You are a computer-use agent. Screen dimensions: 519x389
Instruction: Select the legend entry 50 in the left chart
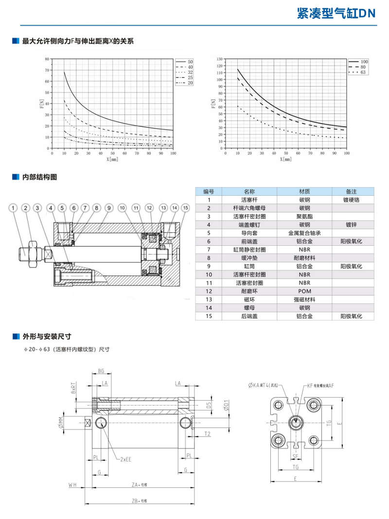coord(190,62)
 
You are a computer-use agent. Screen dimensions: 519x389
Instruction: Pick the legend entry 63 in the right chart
coord(363,72)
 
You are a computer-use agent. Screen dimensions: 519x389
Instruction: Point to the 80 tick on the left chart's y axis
coord(47,59)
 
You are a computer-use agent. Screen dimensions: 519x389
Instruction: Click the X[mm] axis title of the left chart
coord(112,159)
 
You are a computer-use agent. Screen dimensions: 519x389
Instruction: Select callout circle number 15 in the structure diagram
coord(185,208)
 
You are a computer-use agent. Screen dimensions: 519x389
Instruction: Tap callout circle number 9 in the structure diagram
coord(109,208)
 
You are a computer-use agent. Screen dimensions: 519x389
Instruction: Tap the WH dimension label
coord(73,485)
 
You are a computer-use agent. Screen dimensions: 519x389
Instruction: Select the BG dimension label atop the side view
coord(101,371)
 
